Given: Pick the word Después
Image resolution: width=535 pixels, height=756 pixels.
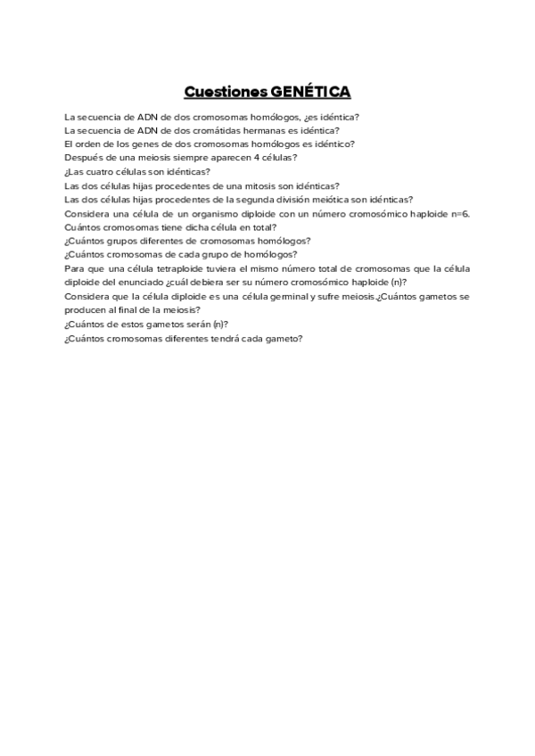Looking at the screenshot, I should (83, 158).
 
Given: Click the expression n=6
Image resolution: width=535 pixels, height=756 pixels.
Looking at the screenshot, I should (460, 214).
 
